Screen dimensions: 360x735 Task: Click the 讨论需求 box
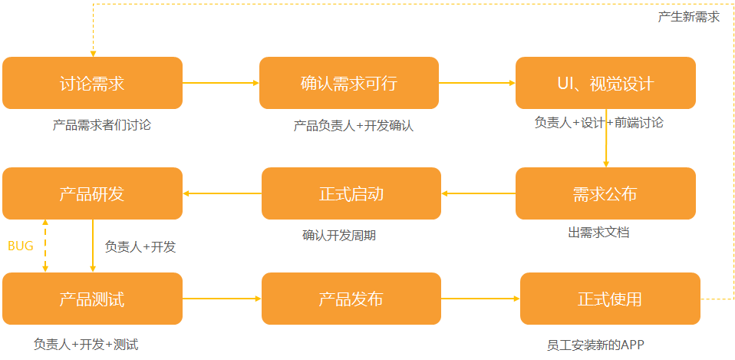point(92,83)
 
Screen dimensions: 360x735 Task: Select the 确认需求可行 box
point(349,83)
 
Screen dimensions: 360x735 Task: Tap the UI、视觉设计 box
point(605,83)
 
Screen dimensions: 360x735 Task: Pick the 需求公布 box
point(605,193)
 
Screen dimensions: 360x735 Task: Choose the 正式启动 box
point(351,193)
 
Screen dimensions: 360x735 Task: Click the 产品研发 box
point(92,193)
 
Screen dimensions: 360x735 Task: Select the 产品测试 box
point(92,299)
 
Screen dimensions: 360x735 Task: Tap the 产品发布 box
point(351,299)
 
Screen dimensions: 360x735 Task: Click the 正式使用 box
point(610,299)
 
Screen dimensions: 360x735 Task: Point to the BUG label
point(21,246)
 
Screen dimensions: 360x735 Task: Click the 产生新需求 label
point(688,17)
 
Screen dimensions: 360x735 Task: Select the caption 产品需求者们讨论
point(102,124)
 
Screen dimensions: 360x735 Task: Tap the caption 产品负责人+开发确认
point(354,125)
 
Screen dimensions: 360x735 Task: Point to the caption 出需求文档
point(599,232)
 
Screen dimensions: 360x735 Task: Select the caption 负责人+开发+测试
point(86,345)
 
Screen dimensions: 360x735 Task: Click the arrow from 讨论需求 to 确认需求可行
point(221,83)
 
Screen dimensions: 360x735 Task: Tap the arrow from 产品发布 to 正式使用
point(480,299)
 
